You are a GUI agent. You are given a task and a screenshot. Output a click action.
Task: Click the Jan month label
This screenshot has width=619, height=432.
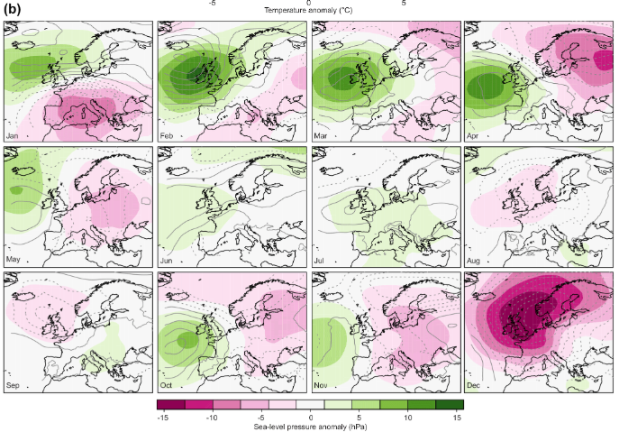pyautogui.click(x=13, y=135)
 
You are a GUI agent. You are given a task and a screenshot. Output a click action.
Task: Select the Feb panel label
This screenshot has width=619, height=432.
pyautogui.click(x=166, y=135)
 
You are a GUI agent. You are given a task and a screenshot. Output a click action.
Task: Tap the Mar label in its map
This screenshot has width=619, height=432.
pyautogui.click(x=320, y=135)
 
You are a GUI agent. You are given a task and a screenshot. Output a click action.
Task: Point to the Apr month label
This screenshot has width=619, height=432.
pyautogui.click(x=473, y=135)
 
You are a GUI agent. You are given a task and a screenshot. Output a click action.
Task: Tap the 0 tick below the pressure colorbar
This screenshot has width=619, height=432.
pyautogui.click(x=310, y=418)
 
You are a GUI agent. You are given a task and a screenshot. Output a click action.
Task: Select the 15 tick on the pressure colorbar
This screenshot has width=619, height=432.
pyautogui.click(x=457, y=418)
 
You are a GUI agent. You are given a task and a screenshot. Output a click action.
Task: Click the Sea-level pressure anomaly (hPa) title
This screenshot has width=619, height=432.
pyautogui.click(x=309, y=427)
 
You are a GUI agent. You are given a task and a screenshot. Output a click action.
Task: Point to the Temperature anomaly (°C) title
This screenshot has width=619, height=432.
pyautogui.click(x=308, y=11)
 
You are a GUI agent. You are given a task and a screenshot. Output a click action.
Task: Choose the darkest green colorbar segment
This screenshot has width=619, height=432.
pyautogui.click(x=448, y=407)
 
